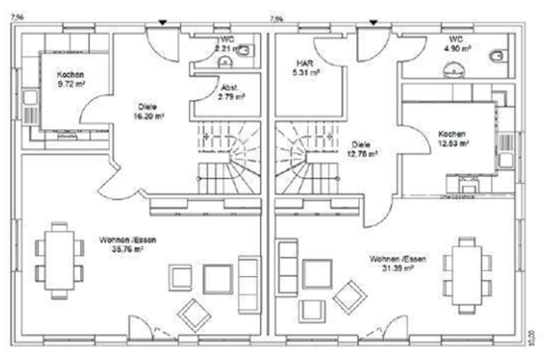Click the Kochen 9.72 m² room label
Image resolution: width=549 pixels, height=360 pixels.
(x=70, y=78)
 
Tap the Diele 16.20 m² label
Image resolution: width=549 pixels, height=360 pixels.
(x=147, y=111)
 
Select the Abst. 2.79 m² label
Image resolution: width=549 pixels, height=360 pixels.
(x=231, y=92)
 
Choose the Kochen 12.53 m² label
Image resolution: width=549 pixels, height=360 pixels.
(x=453, y=138)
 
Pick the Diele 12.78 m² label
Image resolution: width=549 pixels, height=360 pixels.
(x=362, y=149)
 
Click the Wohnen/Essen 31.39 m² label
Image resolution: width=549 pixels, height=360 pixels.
(x=392, y=262)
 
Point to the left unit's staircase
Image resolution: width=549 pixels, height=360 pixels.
(x=228, y=157)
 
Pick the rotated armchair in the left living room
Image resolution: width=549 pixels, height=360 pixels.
(x=194, y=313)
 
